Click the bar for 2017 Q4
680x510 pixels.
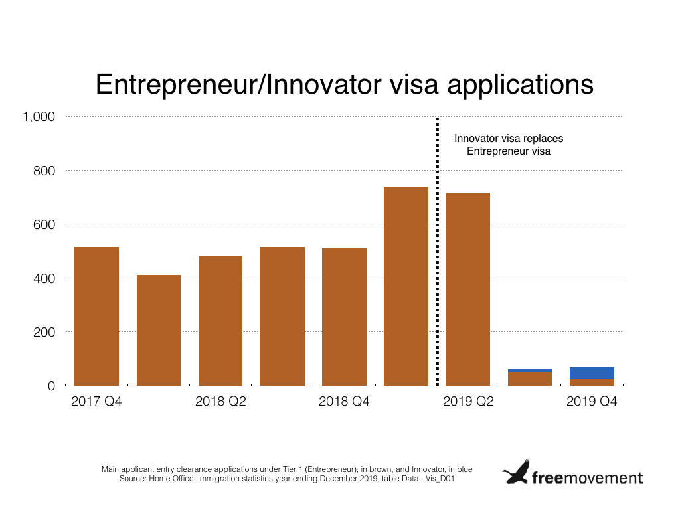[x=97, y=316]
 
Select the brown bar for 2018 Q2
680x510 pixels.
[x=220, y=321]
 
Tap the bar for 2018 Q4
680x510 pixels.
[x=345, y=317]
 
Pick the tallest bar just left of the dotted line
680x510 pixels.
[x=406, y=286]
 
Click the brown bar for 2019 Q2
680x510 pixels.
[x=468, y=290]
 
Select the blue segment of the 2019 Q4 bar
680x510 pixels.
[x=592, y=373]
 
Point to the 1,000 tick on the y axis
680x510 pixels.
[x=39, y=117]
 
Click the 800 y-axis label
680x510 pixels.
[x=44, y=171]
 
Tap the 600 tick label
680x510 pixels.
[x=44, y=224]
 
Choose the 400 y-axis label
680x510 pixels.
[x=44, y=278]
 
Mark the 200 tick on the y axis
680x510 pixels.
[x=44, y=332]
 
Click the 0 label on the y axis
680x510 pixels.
[x=51, y=386]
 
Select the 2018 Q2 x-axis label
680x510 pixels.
[x=220, y=402]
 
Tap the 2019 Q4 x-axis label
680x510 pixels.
[x=592, y=402]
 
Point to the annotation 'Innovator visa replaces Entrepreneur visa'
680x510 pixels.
[x=509, y=145]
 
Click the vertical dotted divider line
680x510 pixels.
[x=437, y=251]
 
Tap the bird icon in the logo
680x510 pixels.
[x=516, y=472]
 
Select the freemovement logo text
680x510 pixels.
[x=587, y=477]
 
